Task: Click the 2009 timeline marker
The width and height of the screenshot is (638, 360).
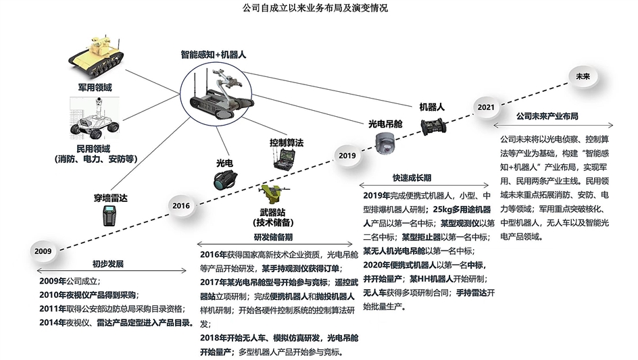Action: (x=43, y=251)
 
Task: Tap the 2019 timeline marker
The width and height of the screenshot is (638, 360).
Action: (x=347, y=155)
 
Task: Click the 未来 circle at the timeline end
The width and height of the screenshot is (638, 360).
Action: (x=583, y=76)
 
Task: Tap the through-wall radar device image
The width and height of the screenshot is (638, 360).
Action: (x=110, y=217)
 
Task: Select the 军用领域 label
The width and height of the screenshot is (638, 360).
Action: (x=95, y=88)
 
